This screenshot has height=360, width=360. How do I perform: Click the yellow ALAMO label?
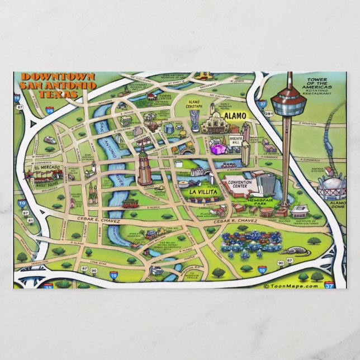tap(235, 116)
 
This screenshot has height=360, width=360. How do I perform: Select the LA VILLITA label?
tap(201, 192)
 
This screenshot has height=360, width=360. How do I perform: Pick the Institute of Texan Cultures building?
tap(299, 212)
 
